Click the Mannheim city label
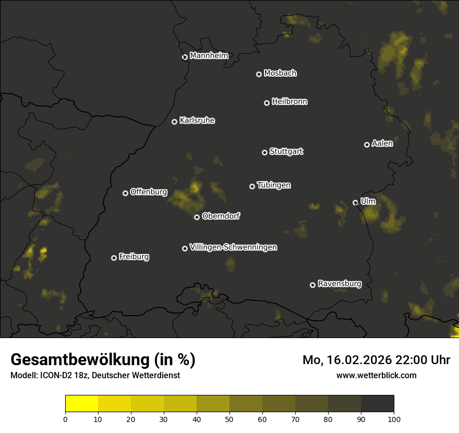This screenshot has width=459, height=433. click(209, 56)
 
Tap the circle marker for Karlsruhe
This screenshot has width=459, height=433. click(174, 122)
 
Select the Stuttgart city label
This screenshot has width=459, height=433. click(286, 151)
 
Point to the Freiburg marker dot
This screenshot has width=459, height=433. click(114, 258)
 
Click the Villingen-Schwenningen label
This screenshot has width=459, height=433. click(233, 247)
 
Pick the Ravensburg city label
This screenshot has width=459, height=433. click(339, 284)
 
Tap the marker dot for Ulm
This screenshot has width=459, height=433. click(355, 202)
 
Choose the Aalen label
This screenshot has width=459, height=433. click(382, 143)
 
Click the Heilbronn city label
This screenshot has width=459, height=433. click(289, 102)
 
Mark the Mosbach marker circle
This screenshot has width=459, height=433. click(259, 75)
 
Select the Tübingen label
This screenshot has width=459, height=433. click(274, 185)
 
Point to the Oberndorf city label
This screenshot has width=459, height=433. click(221, 216)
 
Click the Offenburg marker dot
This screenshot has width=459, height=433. click(125, 193)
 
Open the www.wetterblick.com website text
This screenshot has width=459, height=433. click(376, 375)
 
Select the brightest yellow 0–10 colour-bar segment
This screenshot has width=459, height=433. click(81, 403)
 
